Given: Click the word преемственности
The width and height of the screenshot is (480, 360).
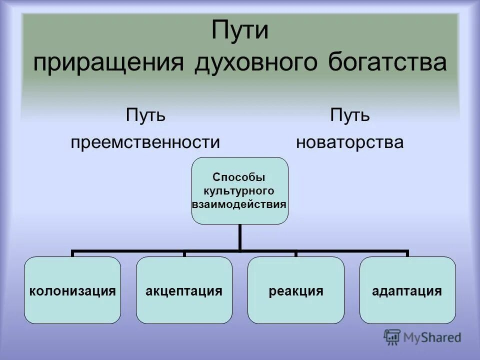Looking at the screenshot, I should [x=145, y=142].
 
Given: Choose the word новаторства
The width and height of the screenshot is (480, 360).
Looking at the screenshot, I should [x=349, y=142].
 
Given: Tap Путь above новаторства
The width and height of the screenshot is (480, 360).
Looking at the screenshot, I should [x=349, y=116].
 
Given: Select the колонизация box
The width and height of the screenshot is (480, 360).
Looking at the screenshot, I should [x=72, y=290].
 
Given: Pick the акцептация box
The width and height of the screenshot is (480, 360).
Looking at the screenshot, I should [x=184, y=290].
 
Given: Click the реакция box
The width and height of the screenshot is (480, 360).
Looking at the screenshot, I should [x=296, y=290].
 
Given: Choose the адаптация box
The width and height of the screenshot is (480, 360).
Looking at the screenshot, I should [x=407, y=290].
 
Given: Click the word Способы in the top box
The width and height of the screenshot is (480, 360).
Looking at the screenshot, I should [x=239, y=177].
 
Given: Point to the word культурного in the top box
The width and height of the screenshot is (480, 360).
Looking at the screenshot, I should [x=239, y=190].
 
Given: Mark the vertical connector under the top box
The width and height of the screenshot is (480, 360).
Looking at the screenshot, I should [x=240, y=236].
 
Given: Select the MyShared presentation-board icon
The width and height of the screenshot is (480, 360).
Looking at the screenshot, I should [x=392, y=337].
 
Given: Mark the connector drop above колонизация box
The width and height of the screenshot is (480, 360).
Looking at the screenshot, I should [x=72, y=253].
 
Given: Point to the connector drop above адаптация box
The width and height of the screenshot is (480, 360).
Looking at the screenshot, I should [x=407, y=253].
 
